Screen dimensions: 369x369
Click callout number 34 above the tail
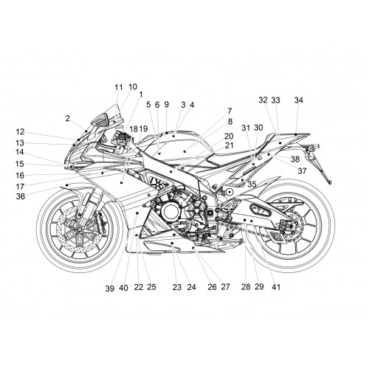click(299, 100)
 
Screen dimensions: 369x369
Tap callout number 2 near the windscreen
click(68, 118)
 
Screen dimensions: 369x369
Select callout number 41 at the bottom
click(276, 287)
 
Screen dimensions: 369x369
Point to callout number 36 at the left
click(21, 196)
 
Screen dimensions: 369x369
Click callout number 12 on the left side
click(20, 132)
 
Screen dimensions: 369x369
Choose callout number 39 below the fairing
click(110, 289)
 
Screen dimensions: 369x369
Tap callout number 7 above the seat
click(230, 111)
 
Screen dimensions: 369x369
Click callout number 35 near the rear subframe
click(252, 184)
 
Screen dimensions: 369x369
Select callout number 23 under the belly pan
click(177, 287)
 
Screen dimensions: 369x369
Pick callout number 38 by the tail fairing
click(295, 159)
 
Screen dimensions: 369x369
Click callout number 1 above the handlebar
click(141, 94)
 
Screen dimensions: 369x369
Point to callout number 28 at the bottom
click(246, 286)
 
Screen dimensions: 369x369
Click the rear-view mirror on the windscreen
click(101, 119)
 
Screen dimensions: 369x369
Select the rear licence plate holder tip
click(330, 182)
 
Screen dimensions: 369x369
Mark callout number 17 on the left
click(20, 187)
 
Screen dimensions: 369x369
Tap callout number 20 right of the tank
click(229, 136)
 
